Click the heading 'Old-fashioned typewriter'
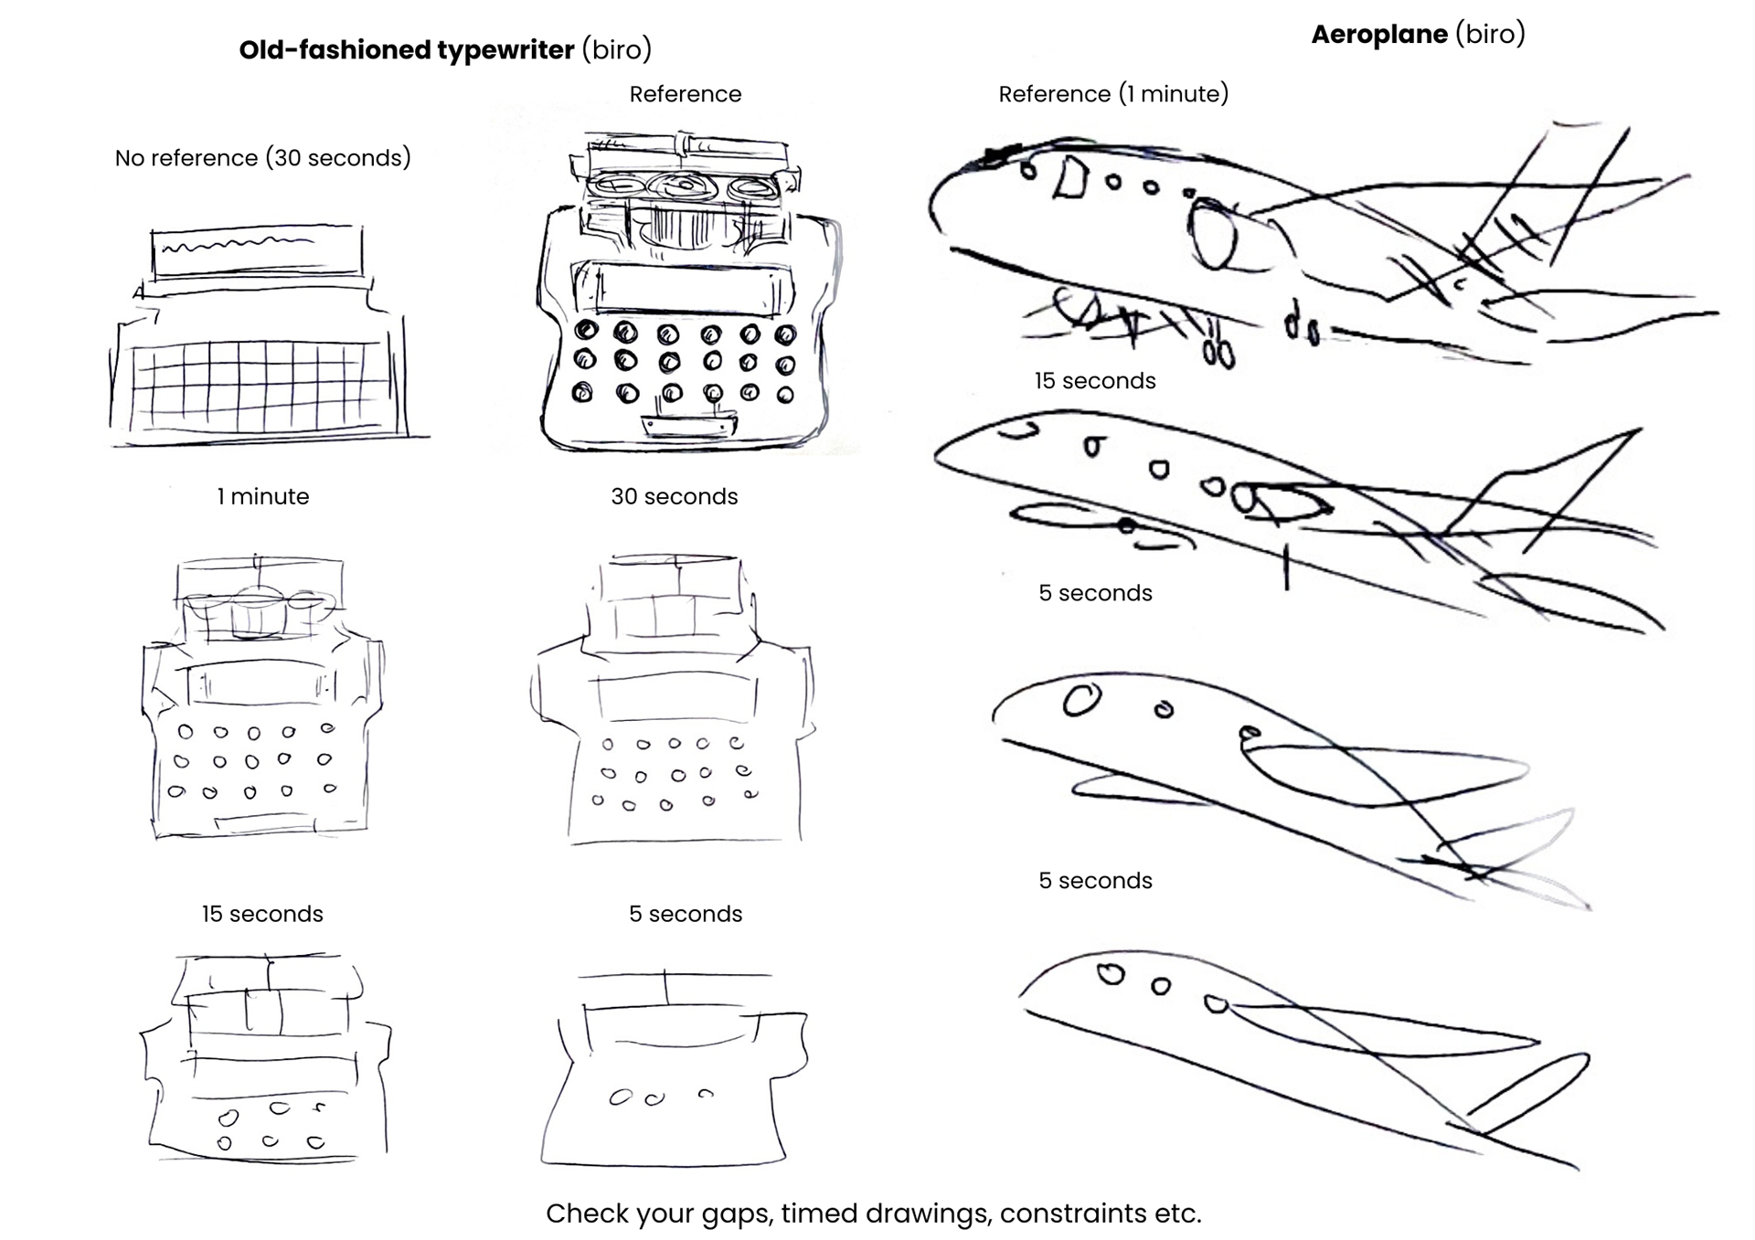coord(406,49)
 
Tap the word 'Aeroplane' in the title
coord(1378,35)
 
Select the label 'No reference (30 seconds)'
coord(262,158)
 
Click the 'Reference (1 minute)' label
coord(1112,94)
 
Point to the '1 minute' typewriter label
coord(262,496)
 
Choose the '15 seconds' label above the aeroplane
coord(1094,381)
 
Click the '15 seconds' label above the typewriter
coord(262,914)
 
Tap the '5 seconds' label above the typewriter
coord(685,914)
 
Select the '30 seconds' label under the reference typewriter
coord(674,496)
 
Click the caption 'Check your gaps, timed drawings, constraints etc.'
coord(873,1213)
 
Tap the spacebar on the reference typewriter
coord(689,426)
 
